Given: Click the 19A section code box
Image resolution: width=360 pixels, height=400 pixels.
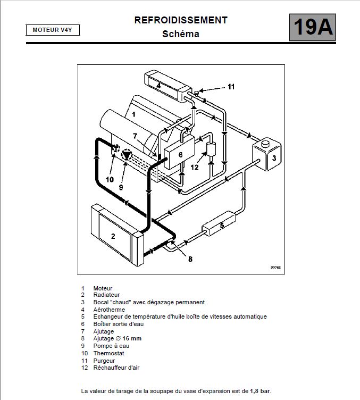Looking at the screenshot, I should point(313,27).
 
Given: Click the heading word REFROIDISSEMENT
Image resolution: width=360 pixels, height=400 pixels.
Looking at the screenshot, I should point(181,20).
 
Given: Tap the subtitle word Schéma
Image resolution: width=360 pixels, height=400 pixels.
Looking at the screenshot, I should point(181,34).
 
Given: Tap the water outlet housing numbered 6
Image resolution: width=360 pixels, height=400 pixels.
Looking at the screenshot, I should point(180,155).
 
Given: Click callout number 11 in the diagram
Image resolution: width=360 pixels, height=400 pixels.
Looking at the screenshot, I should point(231,86).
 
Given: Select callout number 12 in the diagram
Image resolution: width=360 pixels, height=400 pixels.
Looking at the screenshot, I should point(195,166).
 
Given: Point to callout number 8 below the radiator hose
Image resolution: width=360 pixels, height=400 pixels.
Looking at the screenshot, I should point(190,259).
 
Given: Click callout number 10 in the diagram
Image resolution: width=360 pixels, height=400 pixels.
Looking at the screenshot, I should point(110,179).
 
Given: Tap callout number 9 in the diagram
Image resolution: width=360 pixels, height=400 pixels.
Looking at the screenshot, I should point(121,187).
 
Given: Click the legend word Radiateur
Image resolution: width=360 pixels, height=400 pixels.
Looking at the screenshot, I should point(106,295).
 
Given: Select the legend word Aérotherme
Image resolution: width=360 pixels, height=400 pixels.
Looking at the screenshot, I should point(109,310).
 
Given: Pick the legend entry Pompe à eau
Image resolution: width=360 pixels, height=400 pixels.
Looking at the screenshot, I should point(111,346).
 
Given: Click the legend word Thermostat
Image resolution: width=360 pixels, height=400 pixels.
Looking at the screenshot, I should point(108,353).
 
